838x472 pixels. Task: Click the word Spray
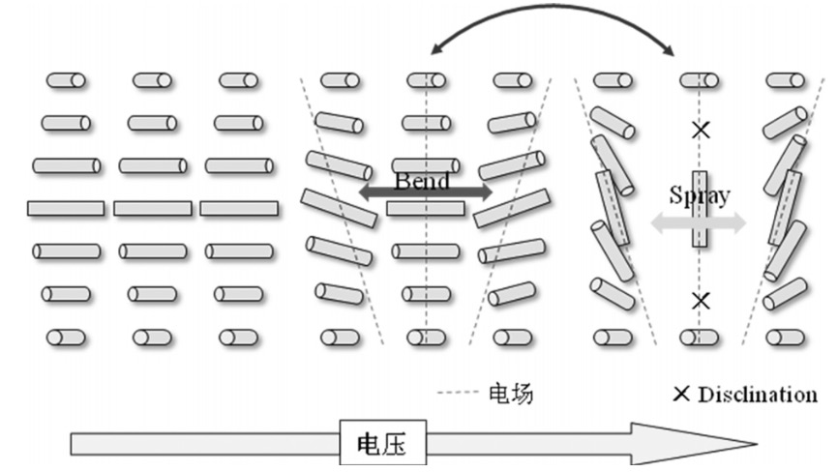point(699,194)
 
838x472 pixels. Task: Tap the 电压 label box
point(378,444)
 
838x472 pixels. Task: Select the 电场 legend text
point(511,394)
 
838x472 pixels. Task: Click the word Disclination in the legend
point(758,394)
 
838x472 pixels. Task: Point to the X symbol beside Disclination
point(682,394)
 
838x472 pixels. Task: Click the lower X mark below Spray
point(700,301)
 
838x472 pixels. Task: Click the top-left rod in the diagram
point(67,80)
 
